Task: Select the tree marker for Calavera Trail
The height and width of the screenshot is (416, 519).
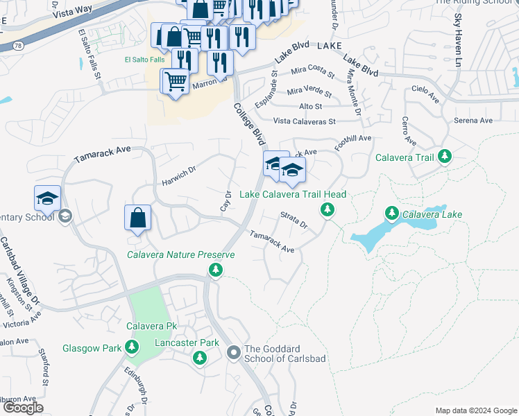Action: pyautogui.click(x=445, y=157)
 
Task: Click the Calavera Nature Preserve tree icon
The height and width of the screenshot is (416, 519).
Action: pyautogui.click(x=216, y=269)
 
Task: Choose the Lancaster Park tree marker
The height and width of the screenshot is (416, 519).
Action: pyautogui.click(x=200, y=357)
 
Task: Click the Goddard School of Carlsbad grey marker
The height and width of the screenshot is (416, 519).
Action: pyautogui.click(x=234, y=354)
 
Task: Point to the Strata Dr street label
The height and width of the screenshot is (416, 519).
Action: pyautogui.click(x=293, y=220)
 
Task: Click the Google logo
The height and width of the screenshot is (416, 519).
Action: pyautogui.click(x=22, y=408)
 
